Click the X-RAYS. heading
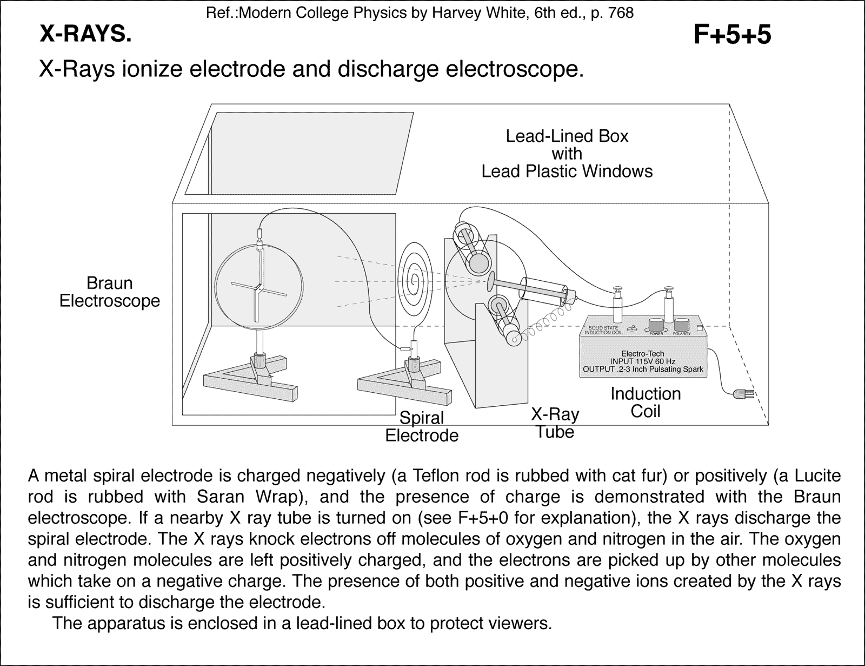[x=85, y=35]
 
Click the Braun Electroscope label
[x=110, y=292]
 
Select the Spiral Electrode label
[x=422, y=427]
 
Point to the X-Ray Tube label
[x=555, y=423]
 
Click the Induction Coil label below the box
[x=646, y=403]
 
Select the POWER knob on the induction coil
[x=656, y=325]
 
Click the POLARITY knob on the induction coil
[x=682, y=325]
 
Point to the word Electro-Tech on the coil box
[x=643, y=353]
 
